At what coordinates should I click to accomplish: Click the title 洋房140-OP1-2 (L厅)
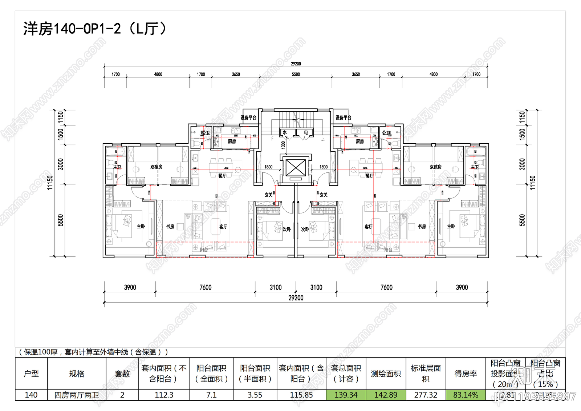coord(95,29)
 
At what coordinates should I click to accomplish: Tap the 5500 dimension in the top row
coord(296,74)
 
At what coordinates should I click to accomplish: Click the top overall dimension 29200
coord(296,64)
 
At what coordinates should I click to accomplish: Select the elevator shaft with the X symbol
coord(296,168)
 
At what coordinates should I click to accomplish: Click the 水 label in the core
coord(285,133)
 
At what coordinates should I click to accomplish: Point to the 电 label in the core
coord(306,133)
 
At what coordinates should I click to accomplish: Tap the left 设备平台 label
coord(248,117)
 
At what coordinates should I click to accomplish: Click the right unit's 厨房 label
coord(359,141)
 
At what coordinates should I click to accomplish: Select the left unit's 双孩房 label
coord(156,167)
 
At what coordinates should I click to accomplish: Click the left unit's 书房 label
coord(170,226)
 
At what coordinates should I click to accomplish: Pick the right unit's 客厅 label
coord(368,227)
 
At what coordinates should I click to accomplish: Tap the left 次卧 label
coord(287,230)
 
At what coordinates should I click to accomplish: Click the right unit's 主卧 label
coord(451,226)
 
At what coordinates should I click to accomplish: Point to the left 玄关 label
coord(268,195)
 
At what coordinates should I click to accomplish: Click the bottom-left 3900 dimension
coord(130,287)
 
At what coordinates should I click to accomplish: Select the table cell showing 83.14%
coord(466,395)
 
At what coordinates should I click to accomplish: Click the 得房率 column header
coord(466,374)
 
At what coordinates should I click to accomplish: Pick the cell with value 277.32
coord(426,395)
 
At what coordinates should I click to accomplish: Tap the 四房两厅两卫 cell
coord(77,395)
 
